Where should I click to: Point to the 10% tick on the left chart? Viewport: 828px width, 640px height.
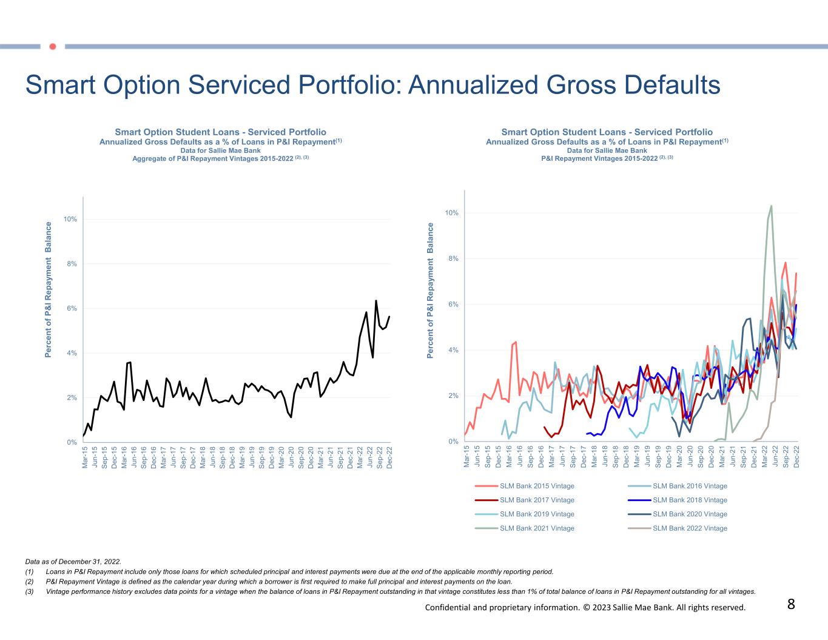tap(70, 219)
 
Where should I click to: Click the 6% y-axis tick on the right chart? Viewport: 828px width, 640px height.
tap(451, 305)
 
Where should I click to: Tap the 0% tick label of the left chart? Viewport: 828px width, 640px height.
tap(72, 442)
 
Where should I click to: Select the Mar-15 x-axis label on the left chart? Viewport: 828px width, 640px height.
tap(85, 457)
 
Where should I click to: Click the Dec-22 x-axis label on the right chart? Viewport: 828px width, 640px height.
tap(796, 456)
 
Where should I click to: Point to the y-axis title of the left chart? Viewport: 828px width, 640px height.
tap(49, 289)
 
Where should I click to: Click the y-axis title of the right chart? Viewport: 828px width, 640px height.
tap(430, 290)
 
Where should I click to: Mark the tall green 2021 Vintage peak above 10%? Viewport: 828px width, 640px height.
tap(771, 206)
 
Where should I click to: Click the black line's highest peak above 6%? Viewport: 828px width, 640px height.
tap(376, 301)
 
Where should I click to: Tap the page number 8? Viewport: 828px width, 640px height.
tap(791, 604)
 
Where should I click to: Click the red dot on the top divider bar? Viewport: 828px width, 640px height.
tap(52, 46)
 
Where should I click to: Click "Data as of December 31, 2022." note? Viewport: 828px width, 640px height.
tap(73, 562)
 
